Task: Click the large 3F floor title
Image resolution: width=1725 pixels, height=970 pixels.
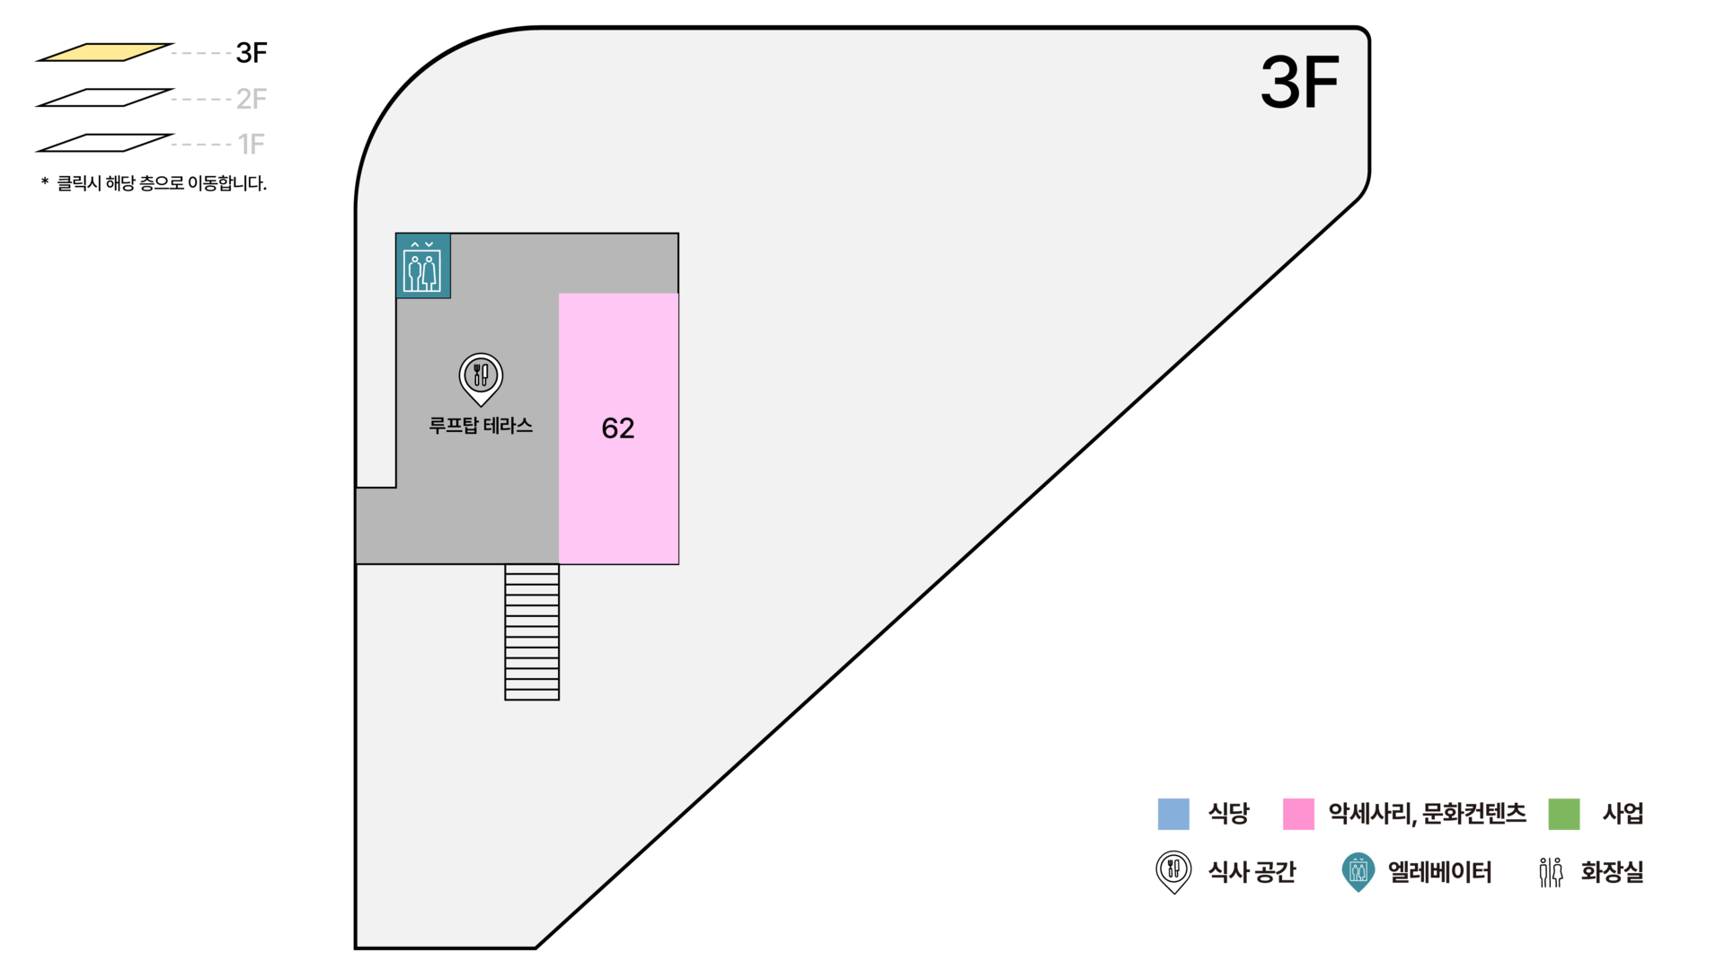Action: pyautogui.click(x=1299, y=83)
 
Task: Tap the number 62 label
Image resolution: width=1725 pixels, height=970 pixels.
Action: pyautogui.click(x=618, y=428)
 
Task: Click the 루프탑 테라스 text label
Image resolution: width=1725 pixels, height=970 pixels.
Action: pyautogui.click(x=481, y=426)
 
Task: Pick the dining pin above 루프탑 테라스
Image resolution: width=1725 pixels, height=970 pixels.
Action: pyautogui.click(x=481, y=376)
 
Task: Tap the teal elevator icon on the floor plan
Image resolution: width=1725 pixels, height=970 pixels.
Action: pyautogui.click(x=422, y=267)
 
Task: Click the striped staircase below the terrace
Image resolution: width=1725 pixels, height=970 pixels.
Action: pyautogui.click(x=532, y=632)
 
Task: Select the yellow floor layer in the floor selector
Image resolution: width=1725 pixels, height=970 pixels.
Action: pyautogui.click(x=104, y=53)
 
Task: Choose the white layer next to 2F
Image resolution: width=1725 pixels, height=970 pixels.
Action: pyautogui.click(x=104, y=98)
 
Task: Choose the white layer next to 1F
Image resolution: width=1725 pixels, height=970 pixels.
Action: pyautogui.click(x=104, y=144)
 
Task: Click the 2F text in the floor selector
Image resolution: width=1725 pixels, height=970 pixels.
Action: pyautogui.click(x=251, y=98)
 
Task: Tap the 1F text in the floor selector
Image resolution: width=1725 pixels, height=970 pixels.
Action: pyautogui.click(x=252, y=144)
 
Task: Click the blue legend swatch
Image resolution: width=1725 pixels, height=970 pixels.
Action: pyautogui.click(x=1173, y=815)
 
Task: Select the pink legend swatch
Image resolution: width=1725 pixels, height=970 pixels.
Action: pyautogui.click(x=1298, y=815)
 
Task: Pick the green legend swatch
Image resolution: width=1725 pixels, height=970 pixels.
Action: pyautogui.click(x=1564, y=815)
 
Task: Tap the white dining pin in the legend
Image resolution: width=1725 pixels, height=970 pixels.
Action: pyautogui.click(x=1173, y=869)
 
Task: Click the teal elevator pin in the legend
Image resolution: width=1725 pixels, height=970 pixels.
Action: pyautogui.click(x=1358, y=871)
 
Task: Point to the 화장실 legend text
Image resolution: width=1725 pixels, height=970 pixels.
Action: pyautogui.click(x=1612, y=872)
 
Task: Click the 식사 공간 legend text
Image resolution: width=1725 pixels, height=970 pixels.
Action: pyautogui.click(x=1252, y=872)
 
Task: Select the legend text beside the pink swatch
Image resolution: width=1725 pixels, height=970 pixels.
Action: pyautogui.click(x=1427, y=815)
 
